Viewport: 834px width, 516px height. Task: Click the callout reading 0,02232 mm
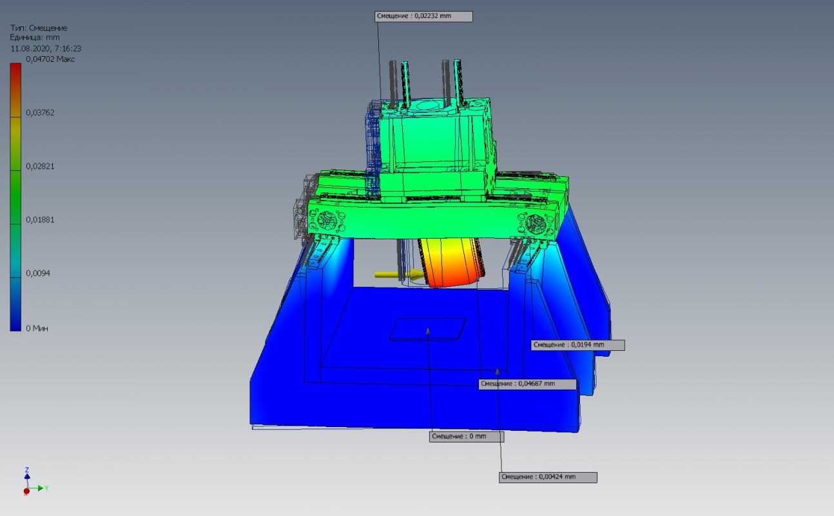pyautogui.click(x=423, y=16)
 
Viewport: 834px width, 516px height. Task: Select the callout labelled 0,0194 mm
pyautogui.click(x=578, y=345)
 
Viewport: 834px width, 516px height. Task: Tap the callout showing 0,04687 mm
pyautogui.click(x=528, y=384)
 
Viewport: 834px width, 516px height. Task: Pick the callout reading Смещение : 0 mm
pyautogui.click(x=467, y=437)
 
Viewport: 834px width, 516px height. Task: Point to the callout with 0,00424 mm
pyautogui.click(x=548, y=477)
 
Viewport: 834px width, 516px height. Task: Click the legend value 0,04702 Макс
pyautogui.click(x=50, y=59)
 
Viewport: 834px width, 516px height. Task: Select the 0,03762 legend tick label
pyautogui.click(x=40, y=112)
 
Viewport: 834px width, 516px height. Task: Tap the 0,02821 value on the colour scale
pyautogui.click(x=40, y=166)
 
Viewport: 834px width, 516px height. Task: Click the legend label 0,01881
pyautogui.click(x=40, y=220)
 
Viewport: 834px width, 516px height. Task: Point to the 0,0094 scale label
pyautogui.click(x=38, y=273)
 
